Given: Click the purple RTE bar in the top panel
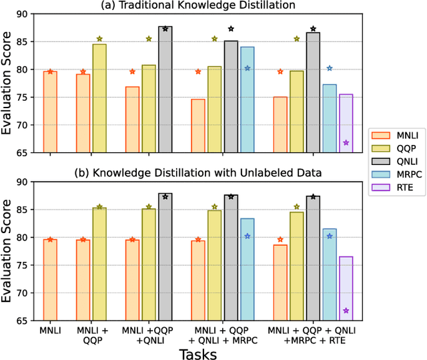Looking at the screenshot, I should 346,124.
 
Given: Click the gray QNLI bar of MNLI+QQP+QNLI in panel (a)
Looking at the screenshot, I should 165,89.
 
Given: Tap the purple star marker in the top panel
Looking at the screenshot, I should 346,143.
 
